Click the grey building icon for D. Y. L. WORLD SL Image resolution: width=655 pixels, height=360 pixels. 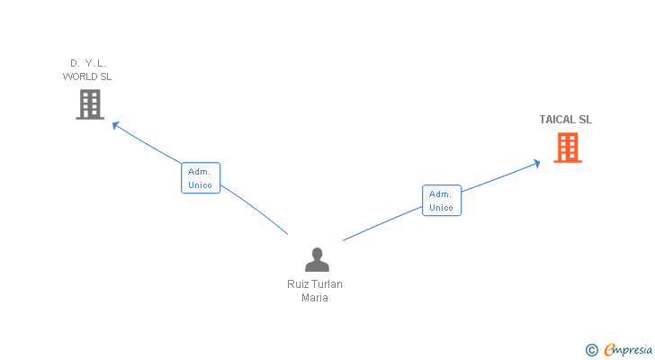90,104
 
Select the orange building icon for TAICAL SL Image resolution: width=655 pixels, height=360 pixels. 567,147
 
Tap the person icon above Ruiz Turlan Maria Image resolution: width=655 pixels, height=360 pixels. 317,260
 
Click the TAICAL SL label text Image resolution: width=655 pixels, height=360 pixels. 566,120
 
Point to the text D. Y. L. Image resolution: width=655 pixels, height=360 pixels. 88,63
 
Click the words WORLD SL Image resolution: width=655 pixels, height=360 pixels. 87,76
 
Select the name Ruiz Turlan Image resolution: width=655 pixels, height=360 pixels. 315,284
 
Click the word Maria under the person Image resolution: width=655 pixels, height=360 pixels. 315,298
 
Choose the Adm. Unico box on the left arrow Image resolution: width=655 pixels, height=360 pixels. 201,178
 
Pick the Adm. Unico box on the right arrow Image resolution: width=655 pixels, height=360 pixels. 442,201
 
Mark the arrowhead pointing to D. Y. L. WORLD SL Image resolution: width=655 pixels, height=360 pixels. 115,124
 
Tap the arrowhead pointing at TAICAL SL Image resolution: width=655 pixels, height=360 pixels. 536,162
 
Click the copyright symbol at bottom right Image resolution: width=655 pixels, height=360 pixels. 591,349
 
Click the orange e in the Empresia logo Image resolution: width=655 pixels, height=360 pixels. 609,349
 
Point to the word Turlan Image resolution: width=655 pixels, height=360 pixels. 327,284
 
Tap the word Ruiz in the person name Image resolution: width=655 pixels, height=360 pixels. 298,284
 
